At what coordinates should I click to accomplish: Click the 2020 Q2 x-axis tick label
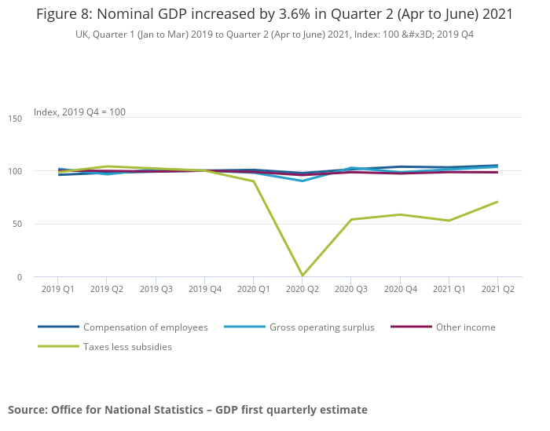(x=302, y=290)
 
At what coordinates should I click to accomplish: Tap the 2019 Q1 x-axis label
(x=58, y=290)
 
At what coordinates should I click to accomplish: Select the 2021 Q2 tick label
(x=497, y=290)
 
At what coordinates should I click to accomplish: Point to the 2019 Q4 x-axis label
(x=204, y=290)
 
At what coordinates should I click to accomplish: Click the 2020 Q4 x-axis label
(x=400, y=290)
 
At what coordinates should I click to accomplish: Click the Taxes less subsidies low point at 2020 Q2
(x=302, y=276)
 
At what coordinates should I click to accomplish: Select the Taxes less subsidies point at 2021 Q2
(x=497, y=202)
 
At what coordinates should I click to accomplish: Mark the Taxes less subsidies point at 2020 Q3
(x=351, y=220)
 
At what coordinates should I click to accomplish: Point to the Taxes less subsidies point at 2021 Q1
(x=449, y=221)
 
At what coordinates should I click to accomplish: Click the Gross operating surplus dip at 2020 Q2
(x=302, y=181)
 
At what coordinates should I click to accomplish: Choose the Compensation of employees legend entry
(x=145, y=327)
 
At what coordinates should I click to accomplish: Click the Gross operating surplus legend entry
(x=321, y=327)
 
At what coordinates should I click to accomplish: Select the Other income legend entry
(x=465, y=327)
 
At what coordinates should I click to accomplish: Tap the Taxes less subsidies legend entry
(x=127, y=346)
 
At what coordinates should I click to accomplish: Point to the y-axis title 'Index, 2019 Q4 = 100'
(x=79, y=112)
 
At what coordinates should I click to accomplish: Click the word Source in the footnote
(x=27, y=410)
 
